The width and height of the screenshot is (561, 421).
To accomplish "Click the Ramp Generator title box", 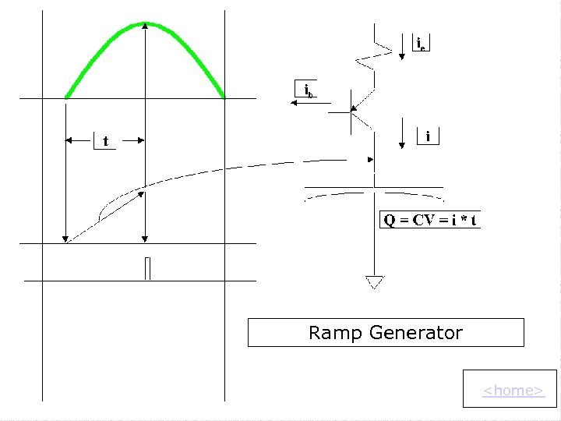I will [x=386, y=333].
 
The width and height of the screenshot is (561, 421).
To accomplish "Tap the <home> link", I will [x=513, y=390].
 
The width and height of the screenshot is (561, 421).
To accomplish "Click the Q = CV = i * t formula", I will [x=430, y=220].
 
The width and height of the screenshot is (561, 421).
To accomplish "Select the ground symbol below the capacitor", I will [x=375, y=281].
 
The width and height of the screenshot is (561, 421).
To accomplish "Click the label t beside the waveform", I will [x=105, y=141].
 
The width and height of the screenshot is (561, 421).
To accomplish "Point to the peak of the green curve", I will [x=146, y=24].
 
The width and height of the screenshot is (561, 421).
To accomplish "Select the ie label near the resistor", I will [x=420, y=43].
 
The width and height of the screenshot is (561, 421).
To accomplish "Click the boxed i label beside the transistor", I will [x=429, y=136].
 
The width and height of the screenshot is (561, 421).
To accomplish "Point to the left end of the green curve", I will [x=67, y=97].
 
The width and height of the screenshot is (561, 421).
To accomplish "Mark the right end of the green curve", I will [x=224, y=97].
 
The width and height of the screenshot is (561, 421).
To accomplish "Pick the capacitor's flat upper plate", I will [x=374, y=187].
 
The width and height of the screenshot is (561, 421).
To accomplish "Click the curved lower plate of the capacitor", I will [x=374, y=195].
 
